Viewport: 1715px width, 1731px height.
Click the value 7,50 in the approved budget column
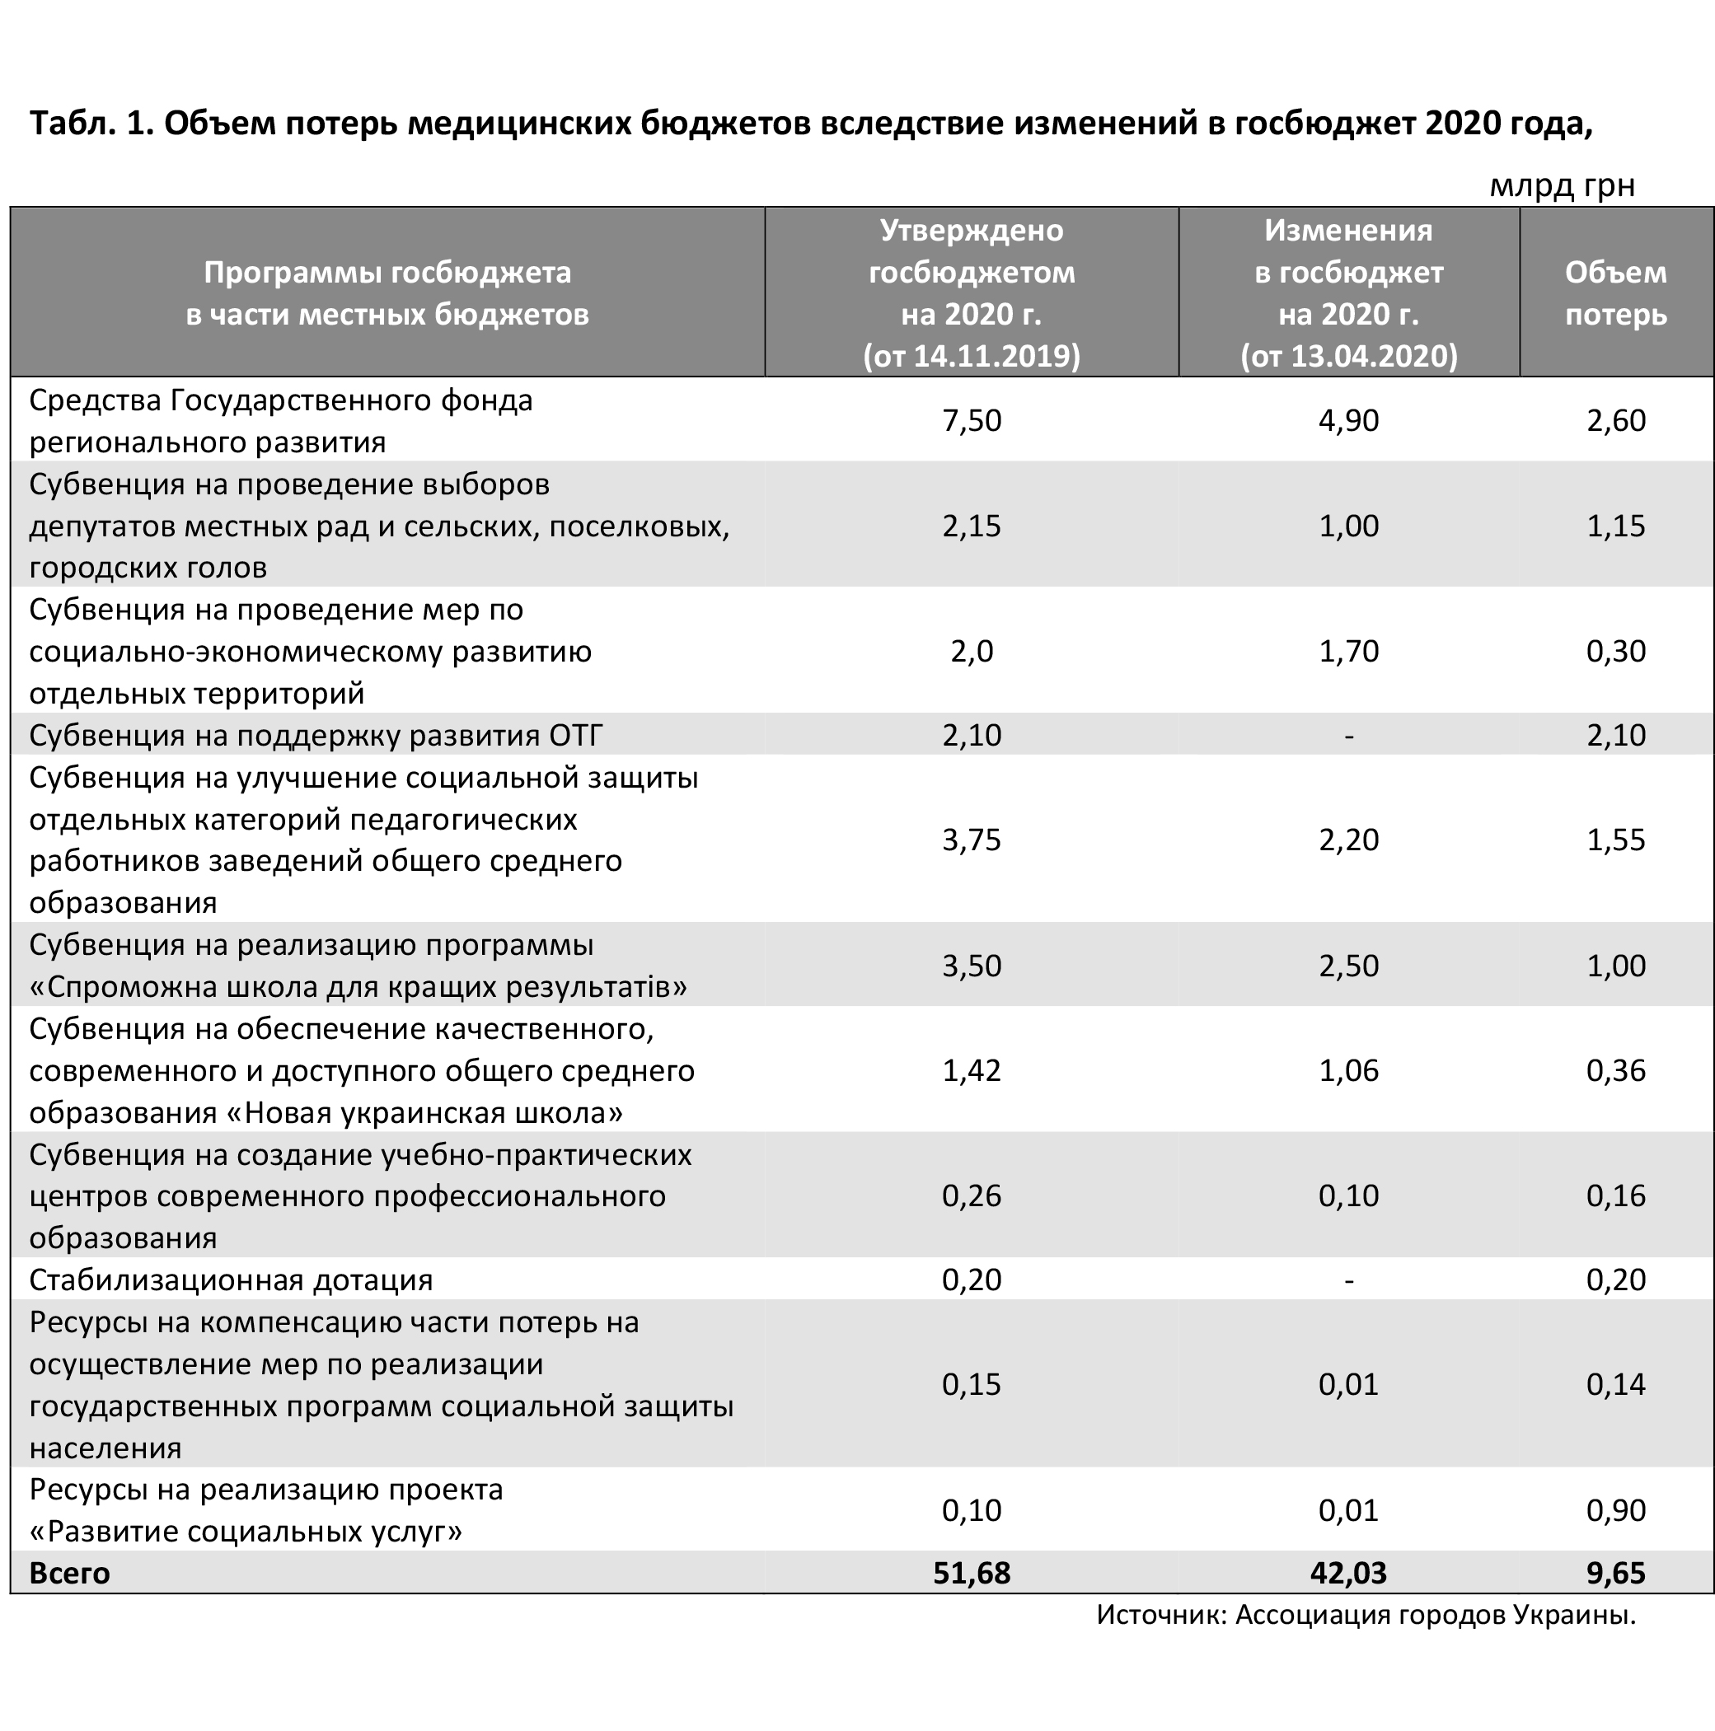tap(972, 420)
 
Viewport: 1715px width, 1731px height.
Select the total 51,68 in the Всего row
tap(972, 1573)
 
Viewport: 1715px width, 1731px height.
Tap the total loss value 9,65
tap(1615, 1573)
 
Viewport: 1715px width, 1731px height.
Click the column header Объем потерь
tap(1615, 293)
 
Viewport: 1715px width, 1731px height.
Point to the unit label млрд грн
tap(1562, 185)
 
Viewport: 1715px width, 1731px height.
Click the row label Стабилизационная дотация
tap(232, 1280)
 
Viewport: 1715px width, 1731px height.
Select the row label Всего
tap(70, 1574)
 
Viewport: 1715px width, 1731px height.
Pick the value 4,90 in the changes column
tap(1348, 420)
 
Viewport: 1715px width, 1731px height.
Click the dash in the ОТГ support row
tap(1348, 737)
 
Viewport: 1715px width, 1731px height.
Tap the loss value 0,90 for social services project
tap(1615, 1509)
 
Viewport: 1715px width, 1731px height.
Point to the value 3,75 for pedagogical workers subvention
tap(972, 840)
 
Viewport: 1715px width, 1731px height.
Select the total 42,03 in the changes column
tap(1348, 1573)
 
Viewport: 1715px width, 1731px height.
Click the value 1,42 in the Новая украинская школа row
tap(972, 1069)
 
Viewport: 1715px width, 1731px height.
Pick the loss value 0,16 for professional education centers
tap(1615, 1195)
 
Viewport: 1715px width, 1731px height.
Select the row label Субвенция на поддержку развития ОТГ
tap(316, 736)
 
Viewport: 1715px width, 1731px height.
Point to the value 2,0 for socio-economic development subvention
tap(972, 652)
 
